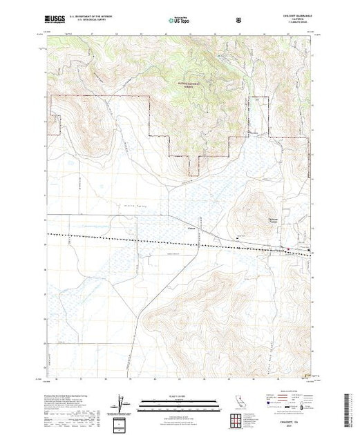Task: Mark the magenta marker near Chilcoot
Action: (x=288, y=250)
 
